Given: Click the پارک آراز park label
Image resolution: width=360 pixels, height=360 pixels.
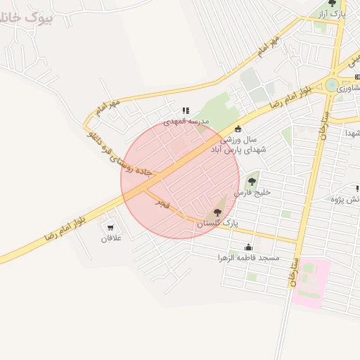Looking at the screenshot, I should click(x=332, y=13).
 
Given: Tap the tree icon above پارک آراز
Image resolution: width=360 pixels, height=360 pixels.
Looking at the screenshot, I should click(x=332, y=4).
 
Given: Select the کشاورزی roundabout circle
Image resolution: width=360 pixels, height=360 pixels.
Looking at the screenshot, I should click(x=331, y=85).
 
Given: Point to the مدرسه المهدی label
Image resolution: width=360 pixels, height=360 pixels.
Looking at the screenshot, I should click(x=187, y=122).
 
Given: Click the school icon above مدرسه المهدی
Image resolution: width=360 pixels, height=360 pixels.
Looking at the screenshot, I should click(x=186, y=110).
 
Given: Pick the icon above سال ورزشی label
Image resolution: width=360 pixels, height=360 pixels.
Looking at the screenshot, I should click(x=238, y=129).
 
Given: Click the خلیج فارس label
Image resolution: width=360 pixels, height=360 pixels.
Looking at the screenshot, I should click(x=252, y=192).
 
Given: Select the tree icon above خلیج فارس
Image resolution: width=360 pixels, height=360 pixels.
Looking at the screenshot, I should click(x=252, y=181).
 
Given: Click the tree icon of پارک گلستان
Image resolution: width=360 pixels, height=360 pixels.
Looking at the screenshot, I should click(x=217, y=212).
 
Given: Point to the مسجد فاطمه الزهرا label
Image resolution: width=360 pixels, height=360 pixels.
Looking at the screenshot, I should click(x=248, y=258).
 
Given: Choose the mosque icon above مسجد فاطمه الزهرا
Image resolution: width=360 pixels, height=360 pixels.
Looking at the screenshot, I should click(x=248, y=247).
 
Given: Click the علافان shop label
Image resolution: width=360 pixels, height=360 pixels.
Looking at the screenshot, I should click(x=111, y=238).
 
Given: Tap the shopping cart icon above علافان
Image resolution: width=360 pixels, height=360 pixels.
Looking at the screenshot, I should click(x=110, y=228).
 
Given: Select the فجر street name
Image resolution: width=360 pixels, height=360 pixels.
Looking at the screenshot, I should click(x=162, y=204).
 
